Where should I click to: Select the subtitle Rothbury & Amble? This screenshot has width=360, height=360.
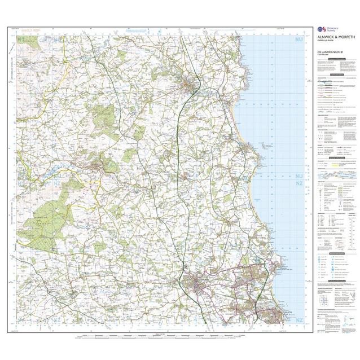point(326,42)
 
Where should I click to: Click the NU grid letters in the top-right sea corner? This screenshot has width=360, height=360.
point(298,41)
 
